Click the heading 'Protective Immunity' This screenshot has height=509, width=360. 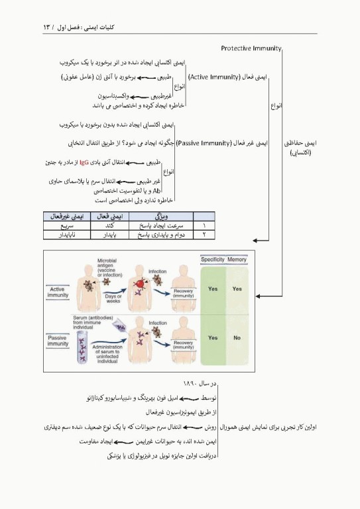[x=251, y=48]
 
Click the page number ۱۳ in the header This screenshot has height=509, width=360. [x=48, y=27]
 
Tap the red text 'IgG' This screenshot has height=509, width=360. [x=84, y=161]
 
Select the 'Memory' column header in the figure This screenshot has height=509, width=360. [x=237, y=260]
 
